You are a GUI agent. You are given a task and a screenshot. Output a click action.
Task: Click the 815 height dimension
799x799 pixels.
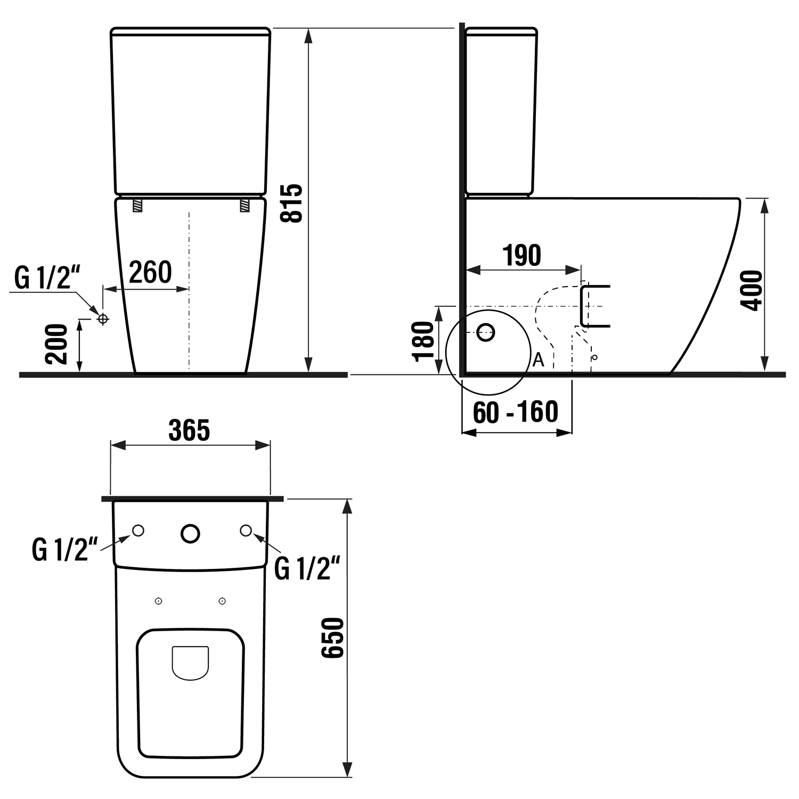(x=293, y=203)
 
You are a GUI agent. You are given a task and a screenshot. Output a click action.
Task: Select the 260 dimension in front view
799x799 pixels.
(x=150, y=272)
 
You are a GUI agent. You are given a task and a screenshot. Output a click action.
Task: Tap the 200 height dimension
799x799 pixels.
(x=56, y=344)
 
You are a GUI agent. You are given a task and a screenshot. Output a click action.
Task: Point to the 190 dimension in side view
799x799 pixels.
(x=522, y=255)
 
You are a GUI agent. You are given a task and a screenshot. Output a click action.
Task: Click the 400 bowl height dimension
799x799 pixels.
(x=752, y=290)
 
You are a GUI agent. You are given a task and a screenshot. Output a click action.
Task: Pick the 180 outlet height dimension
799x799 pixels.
(x=424, y=341)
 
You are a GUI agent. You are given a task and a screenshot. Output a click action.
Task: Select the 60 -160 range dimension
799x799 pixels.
(x=515, y=412)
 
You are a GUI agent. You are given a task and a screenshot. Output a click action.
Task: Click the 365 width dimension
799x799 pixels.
(x=189, y=430)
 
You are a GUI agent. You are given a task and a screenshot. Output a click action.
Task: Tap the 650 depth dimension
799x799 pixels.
(x=334, y=638)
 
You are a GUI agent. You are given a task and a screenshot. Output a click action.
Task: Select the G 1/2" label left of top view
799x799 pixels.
(x=65, y=550)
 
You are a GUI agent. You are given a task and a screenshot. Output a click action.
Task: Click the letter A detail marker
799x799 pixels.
(x=539, y=360)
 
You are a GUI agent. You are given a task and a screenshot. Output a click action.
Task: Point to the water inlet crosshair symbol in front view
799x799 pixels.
(x=103, y=319)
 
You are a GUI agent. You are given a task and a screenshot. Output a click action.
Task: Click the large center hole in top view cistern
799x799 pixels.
(x=190, y=533)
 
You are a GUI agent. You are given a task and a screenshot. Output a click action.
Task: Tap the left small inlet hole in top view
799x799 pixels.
(x=138, y=531)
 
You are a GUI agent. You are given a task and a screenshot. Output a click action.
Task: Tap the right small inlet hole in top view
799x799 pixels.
(x=246, y=531)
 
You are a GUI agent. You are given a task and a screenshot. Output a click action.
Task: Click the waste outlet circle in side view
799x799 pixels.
(x=485, y=332)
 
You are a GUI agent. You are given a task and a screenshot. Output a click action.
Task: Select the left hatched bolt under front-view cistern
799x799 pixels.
(x=137, y=205)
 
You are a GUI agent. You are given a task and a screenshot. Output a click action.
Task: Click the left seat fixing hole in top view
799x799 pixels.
(x=158, y=601)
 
